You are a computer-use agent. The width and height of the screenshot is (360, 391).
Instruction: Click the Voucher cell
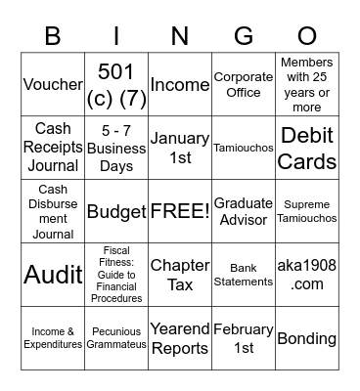click(53, 84)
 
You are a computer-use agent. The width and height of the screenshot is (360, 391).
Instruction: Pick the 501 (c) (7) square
click(116, 84)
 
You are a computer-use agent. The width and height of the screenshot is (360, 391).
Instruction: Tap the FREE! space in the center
click(180, 211)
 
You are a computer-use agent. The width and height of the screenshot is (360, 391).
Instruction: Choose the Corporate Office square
click(244, 84)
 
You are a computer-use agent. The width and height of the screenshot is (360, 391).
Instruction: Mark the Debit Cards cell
click(307, 148)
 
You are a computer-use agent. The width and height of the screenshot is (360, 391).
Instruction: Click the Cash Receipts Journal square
click(53, 148)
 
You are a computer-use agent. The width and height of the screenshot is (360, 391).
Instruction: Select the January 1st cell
click(180, 148)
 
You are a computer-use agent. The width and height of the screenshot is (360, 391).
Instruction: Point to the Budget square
click(116, 211)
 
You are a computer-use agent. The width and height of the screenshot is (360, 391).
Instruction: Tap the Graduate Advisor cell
click(244, 211)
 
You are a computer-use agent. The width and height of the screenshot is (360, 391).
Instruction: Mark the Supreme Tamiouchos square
click(307, 211)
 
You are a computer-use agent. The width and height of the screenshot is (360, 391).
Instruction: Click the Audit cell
click(53, 275)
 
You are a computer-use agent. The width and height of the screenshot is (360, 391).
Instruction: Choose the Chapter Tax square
click(180, 275)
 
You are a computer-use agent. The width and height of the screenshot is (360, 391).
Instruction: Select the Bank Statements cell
click(244, 275)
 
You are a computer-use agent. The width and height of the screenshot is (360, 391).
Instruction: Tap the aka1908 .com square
click(307, 275)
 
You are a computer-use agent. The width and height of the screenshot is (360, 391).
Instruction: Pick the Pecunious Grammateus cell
click(116, 338)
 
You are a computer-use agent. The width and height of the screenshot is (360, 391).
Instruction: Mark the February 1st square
click(244, 338)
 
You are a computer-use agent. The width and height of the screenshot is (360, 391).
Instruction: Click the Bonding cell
click(307, 338)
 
